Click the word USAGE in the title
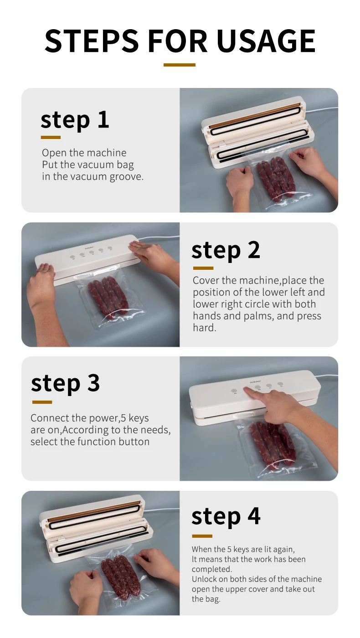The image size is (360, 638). coord(266,41)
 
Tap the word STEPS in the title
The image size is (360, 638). coord(92,41)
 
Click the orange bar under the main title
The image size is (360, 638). coord(180,65)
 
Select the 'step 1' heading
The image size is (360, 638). coord(75,120)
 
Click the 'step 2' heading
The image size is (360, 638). coord(226,251)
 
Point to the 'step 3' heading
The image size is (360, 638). coord(65,383)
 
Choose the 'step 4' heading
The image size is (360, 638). coord(226,517)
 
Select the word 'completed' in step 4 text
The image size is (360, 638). coord(211,569)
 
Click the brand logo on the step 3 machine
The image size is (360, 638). coord(256,382)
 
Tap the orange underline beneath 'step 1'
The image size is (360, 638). coord(51,138)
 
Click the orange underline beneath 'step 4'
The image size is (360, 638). coord(202,536)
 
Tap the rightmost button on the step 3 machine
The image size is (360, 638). coord(280,384)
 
